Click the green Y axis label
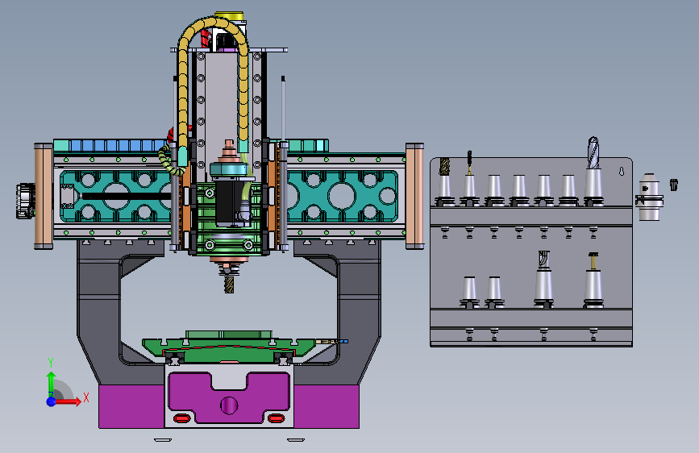click(x=51, y=363)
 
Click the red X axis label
click(x=86, y=397)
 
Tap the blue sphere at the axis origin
click(x=52, y=401)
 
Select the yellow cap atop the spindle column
click(x=229, y=16)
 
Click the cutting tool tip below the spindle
click(x=229, y=285)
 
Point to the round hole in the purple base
click(x=229, y=405)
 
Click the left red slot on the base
click(x=182, y=418)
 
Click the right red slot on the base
click(x=276, y=418)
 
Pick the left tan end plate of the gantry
click(x=44, y=196)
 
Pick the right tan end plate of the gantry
click(x=414, y=196)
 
